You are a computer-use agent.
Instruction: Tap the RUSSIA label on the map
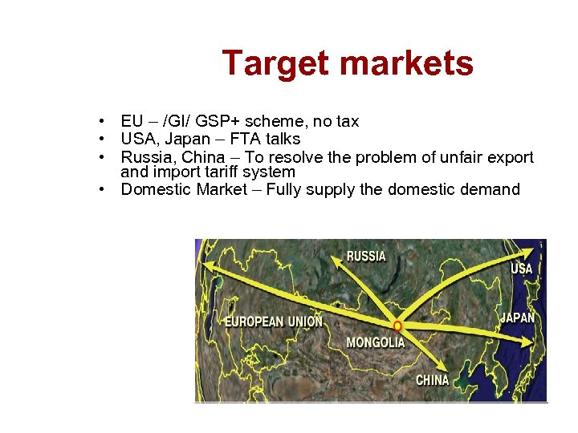coord(366,257)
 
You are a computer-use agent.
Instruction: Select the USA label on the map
coord(522,269)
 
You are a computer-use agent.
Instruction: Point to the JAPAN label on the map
coord(517,318)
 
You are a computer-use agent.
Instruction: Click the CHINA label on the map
coord(433,380)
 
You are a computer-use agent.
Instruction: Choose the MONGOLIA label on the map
coord(376,343)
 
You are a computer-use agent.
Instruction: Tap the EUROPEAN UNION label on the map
coord(274,322)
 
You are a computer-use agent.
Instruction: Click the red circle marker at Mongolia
coord(397,326)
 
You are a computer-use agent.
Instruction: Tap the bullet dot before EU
coord(104,122)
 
